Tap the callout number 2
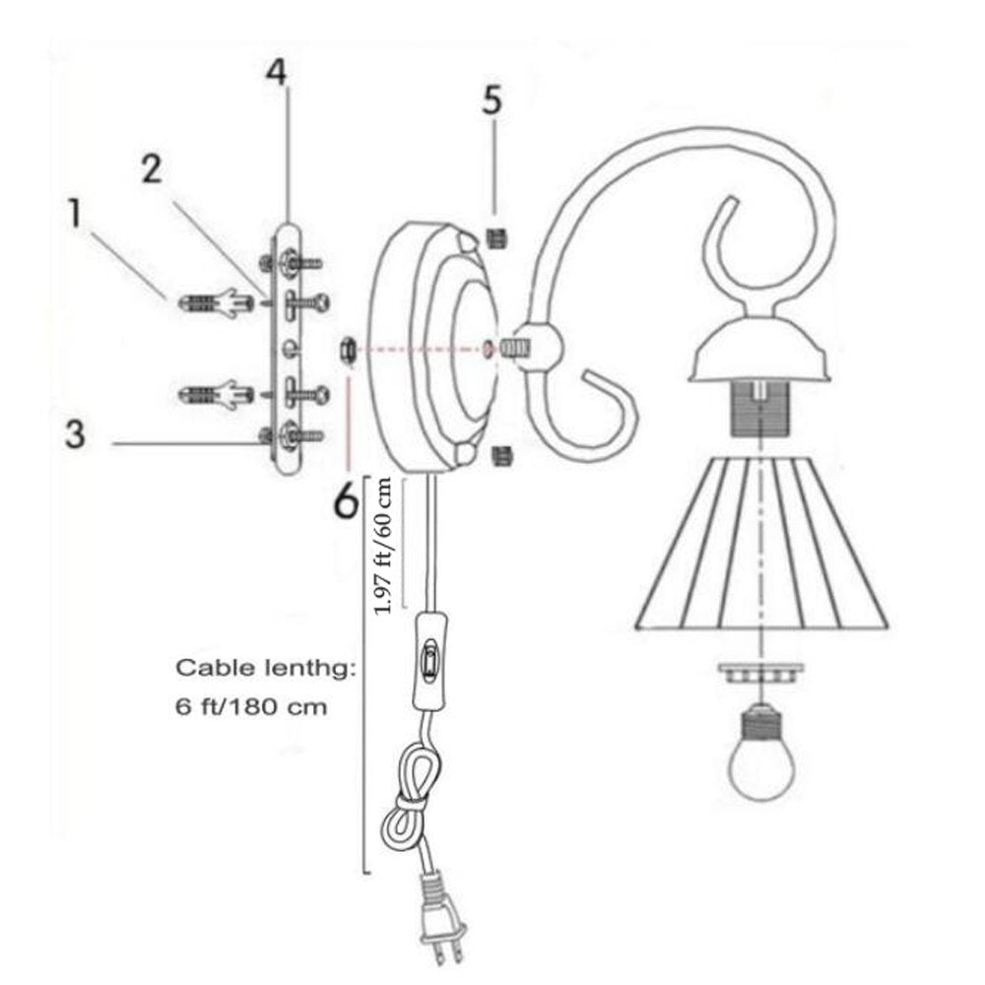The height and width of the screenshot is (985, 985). point(152,169)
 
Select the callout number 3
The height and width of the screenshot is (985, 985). point(76,434)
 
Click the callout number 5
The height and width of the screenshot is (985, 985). point(492,99)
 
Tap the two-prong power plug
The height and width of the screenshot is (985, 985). point(443,918)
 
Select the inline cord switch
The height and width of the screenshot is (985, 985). point(429,660)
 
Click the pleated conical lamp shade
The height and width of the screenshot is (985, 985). point(761,544)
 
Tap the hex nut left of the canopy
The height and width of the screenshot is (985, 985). point(348,350)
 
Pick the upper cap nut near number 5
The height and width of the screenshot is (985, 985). point(496,238)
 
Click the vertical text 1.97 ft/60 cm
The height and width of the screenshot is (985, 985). point(382,546)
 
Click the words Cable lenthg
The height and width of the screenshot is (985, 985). point(265,669)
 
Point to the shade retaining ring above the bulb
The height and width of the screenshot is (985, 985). point(761,671)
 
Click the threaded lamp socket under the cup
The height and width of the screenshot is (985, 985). point(761,409)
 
